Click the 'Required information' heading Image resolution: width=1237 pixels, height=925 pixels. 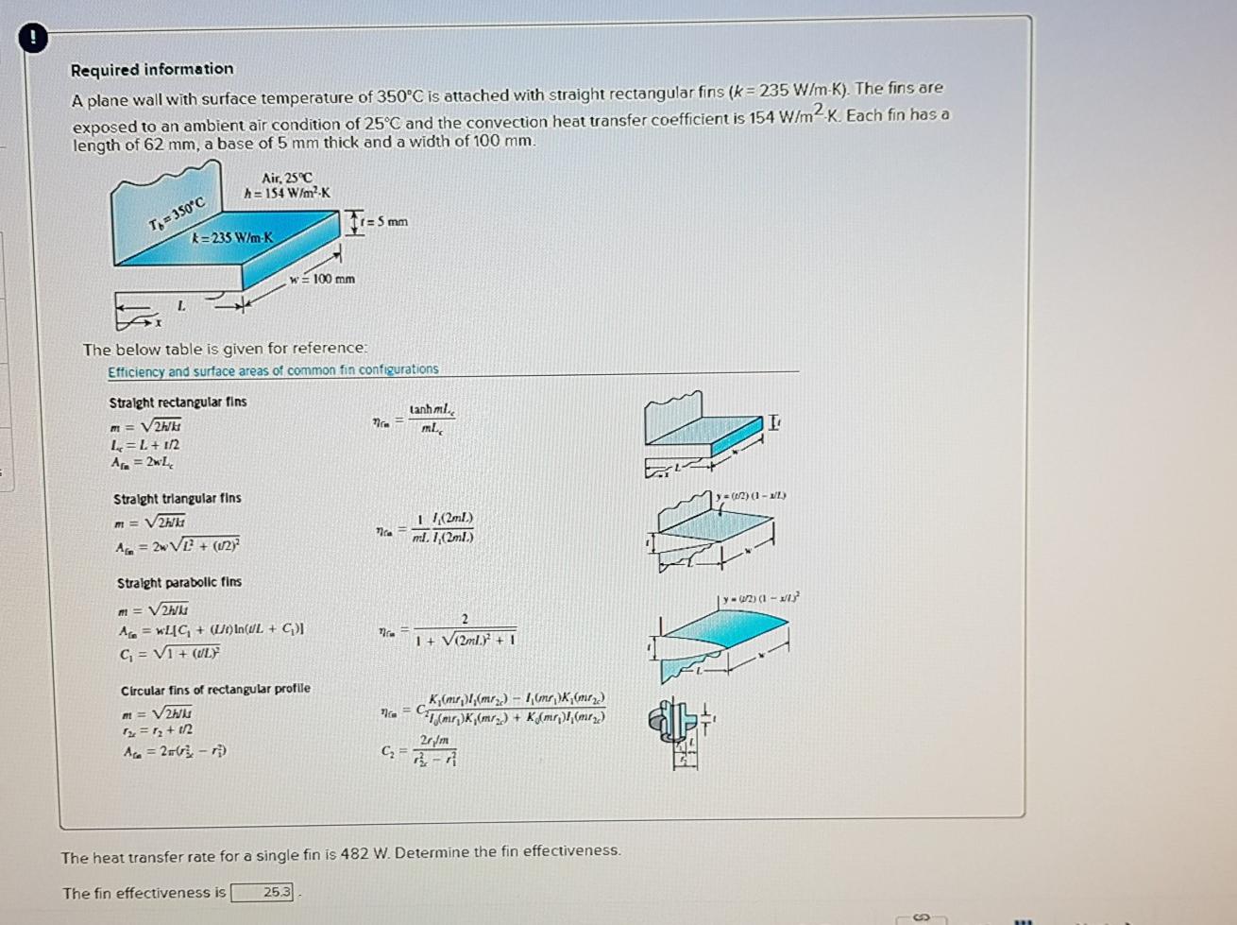pyautogui.click(x=152, y=69)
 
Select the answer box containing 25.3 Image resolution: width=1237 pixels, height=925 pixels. pyautogui.click(x=263, y=892)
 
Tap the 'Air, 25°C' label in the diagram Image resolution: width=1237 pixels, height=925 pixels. pyautogui.click(x=287, y=178)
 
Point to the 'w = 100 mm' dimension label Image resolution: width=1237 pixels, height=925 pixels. pyautogui.click(x=322, y=279)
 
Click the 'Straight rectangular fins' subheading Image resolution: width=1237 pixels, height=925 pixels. pyautogui.click(x=178, y=402)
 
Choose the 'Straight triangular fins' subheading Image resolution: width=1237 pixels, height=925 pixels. pyautogui.click(x=177, y=498)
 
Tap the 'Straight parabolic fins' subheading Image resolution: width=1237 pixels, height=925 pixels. pyautogui.click(x=178, y=582)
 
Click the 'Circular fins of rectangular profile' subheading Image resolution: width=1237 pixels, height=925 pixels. pyautogui.click(x=215, y=689)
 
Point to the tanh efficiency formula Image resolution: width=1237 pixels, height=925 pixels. pyautogui.click(x=415, y=420)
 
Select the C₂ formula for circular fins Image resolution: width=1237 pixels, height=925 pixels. pyautogui.click(x=422, y=751)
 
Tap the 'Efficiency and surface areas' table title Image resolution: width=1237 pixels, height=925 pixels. pyautogui.click(x=273, y=370)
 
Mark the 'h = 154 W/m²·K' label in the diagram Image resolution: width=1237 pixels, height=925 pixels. pyautogui.click(x=287, y=194)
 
